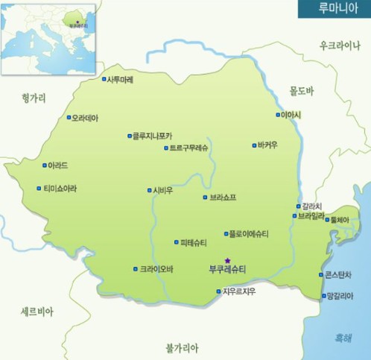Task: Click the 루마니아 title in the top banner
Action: [334, 9]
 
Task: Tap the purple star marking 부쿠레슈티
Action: [228, 260]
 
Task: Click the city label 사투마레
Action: [121, 79]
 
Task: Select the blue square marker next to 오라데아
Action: [69, 118]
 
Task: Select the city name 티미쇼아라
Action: [60, 189]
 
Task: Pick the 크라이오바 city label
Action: [156, 269]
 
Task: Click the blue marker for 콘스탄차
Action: [320, 275]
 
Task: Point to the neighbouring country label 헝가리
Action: [34, 97]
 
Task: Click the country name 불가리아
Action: [183, 347]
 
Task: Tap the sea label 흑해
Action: [343, 337]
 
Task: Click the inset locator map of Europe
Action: [49, 38]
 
